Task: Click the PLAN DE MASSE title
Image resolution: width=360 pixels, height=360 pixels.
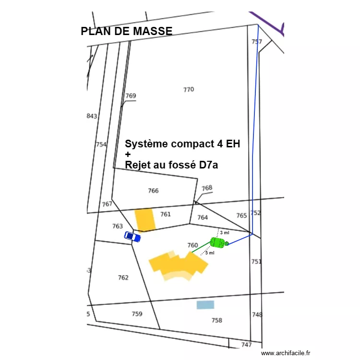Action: [127, 32]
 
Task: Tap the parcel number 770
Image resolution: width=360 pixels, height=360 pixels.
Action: [189, 89]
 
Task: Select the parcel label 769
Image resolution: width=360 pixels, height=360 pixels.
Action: [131, 96]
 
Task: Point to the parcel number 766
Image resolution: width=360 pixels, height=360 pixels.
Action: [153, 191]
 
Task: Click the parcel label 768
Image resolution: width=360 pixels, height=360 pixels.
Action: [207, 188]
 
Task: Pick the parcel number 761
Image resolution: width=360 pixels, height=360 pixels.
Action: [165, 214]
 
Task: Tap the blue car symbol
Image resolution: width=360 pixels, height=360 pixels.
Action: [132, 236]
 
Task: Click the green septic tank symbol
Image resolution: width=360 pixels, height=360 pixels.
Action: [218, 243]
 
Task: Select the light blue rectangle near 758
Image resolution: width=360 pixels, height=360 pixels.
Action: [205, 305]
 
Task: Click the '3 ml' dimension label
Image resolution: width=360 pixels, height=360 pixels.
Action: [224, 232]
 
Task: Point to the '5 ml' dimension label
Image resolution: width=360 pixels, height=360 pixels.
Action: [210, 252]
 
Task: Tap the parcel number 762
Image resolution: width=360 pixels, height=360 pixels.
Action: [123, 277]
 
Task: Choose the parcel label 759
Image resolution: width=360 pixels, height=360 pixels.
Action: [137, 314]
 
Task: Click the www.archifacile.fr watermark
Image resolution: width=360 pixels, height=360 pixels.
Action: [286, 353]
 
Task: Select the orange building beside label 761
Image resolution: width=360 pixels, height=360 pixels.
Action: [145, 219]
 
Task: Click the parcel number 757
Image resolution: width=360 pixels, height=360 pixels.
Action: [257, 42]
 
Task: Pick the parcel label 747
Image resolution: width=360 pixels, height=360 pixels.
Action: [246, 345]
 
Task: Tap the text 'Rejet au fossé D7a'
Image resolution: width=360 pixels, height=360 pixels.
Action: [171, 165]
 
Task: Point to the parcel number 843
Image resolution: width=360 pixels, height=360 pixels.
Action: [92, 116]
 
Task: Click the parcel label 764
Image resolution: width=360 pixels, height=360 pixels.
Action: [203, 217]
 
